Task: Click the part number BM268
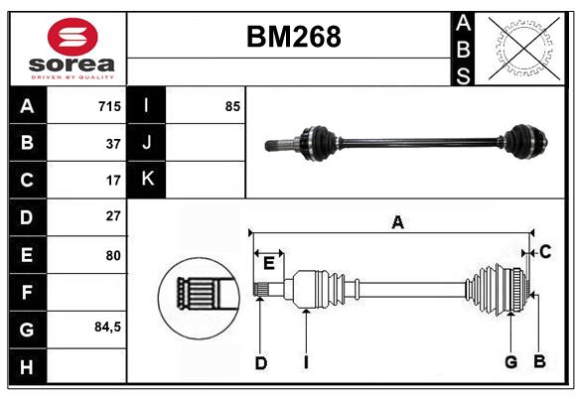tap(293, 37)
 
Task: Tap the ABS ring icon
tap(523, 48)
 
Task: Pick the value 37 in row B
tap(112, 143)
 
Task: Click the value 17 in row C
tap(112, 181)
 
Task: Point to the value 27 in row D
tap(112, 215)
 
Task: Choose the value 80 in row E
tap(112, 255)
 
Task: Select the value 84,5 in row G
tap(106, 327)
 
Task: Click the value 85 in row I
tap(232, 106)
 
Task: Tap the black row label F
tap(27, 292)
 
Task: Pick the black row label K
tap(147, 180)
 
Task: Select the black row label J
tap(147, 143)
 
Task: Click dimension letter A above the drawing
tap(397, 223)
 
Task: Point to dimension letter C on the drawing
tap(545, 252)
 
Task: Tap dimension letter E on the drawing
tap(269, 262)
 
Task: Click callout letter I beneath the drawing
tap(307, 362)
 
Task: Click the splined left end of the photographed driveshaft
tap(282, 147)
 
